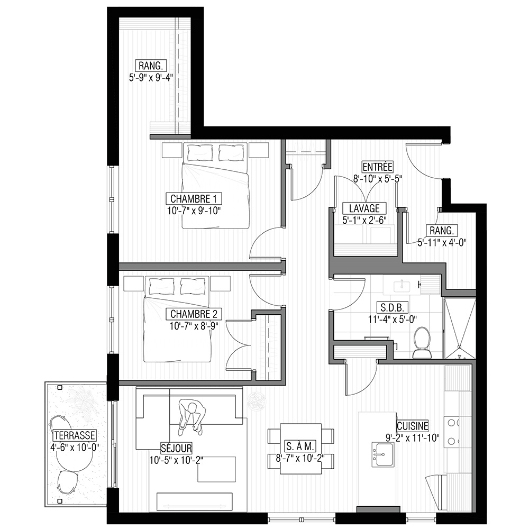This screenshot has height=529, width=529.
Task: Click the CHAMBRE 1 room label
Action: click(x=194, y=198)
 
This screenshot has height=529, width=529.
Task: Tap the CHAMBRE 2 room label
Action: click(x=194, y=314)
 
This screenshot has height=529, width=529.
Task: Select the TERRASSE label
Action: click(x=75, y=435)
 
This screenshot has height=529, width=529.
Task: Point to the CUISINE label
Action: click(x=412, y=426)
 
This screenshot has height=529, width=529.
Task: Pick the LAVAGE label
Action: click(x=364, y=208)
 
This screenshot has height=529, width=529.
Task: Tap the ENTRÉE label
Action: click(x=378, y=167)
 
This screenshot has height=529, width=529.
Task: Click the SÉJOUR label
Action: click(x=176, y=448)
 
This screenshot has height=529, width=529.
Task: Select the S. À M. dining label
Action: click(x=300, y=446)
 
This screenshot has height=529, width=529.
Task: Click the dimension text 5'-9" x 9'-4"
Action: click(x=151, y=78)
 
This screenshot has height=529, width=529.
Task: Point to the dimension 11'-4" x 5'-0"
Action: click(x=393, y=319)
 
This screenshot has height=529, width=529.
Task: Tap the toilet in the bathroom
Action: click(x=422, y=342)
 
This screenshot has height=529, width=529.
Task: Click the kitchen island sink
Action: click(x=383, y=454)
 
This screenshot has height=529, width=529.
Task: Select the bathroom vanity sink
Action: click(x=402, y=286)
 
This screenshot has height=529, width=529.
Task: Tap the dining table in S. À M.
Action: click(x=301, y=449)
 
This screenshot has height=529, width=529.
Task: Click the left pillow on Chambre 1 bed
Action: click(x=200, y=152)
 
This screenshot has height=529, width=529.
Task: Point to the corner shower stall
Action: click(x=459, y=328)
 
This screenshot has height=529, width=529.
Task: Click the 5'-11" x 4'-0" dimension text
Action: click(x=442, y=242)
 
